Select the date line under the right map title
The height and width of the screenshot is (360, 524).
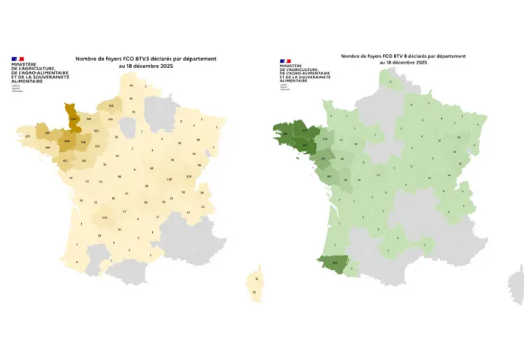[403, 62]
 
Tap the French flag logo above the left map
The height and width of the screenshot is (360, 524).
[18, 59]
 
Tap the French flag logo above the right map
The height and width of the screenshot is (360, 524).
[285, 61]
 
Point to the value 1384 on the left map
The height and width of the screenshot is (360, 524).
[73, 120]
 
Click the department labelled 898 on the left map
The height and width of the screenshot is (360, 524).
[67, 142]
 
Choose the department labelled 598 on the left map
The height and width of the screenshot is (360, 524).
[83, 142]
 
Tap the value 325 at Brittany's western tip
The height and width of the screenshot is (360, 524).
[28, 135]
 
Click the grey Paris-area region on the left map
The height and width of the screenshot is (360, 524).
[128, 127]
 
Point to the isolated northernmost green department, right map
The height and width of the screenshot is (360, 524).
[390, 81]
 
